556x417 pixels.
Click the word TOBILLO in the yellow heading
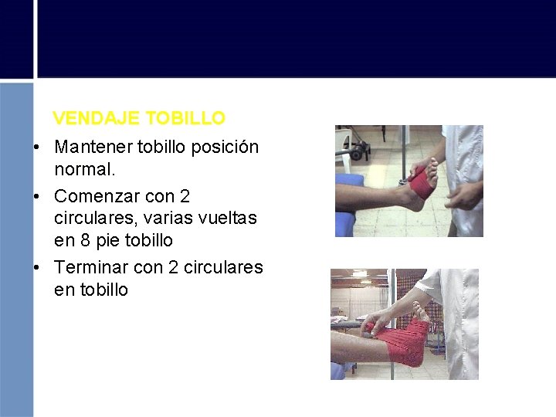[x=185, y=118]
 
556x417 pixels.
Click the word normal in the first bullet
[x=83, y=168]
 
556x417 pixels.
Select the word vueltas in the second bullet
[x=228, y=219]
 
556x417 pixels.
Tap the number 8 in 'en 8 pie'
[x=82, y=240]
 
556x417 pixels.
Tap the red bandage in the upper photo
[x=421, y=185]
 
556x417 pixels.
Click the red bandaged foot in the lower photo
[x=405, y=344]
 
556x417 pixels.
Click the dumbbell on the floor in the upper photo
[x=356, y=150]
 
